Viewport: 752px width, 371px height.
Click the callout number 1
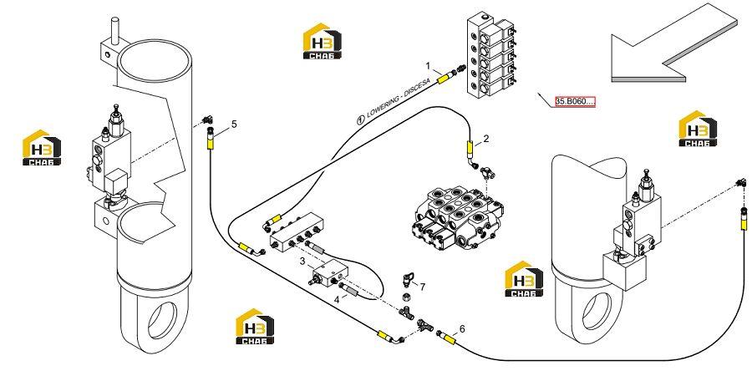point(429,64)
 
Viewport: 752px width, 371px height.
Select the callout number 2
point(485,139)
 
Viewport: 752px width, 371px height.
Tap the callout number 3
point(302,262)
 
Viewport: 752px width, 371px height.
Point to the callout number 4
point(338,299)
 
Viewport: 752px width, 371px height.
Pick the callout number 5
point(234,125)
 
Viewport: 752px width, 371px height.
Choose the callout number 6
point(462,329)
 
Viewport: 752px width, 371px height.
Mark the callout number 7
point(423,287)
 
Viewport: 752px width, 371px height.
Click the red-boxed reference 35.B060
point(575,102)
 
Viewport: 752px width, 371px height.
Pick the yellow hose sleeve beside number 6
point(449,338)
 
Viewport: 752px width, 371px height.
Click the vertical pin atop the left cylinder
point(115,31)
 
